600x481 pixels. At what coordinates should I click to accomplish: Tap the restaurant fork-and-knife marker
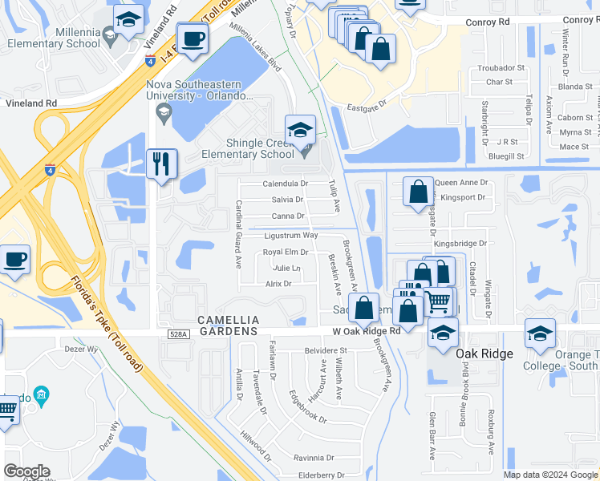coord(162,164)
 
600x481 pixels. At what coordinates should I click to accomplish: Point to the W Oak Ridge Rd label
coord(367,331)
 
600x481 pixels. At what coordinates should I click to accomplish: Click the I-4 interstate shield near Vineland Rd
coord(150,60)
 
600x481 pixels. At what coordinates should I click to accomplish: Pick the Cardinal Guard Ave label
coord(238,233)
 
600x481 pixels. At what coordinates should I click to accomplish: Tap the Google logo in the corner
coord(27,471)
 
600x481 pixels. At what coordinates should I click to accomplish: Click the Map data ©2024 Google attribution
coord(549,475)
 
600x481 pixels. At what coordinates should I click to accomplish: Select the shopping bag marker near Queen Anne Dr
coord(418,192)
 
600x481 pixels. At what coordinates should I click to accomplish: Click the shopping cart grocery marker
coord(438,301)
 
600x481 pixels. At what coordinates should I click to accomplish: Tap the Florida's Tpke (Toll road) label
coord(106,323)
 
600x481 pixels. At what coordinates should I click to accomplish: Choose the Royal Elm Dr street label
coord(286,252)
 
